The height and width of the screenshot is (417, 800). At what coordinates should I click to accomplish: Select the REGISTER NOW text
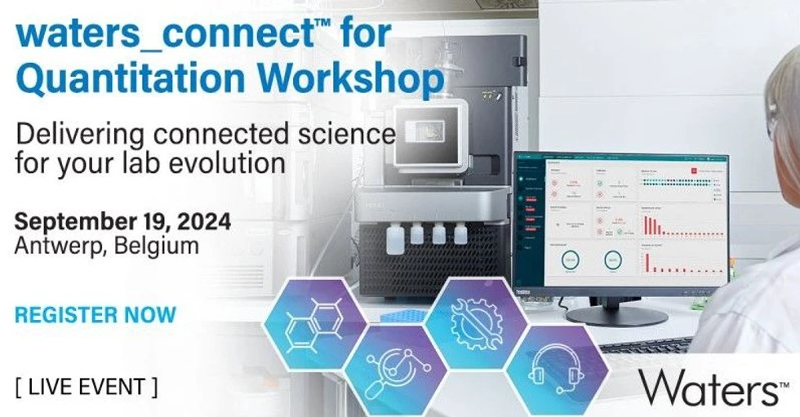pos(96,315)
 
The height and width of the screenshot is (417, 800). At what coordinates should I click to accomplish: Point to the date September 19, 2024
pos(122,221)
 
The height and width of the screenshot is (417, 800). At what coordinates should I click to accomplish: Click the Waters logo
pos(707,386)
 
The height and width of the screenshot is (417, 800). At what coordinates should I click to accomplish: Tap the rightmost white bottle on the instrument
pos(460,233)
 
